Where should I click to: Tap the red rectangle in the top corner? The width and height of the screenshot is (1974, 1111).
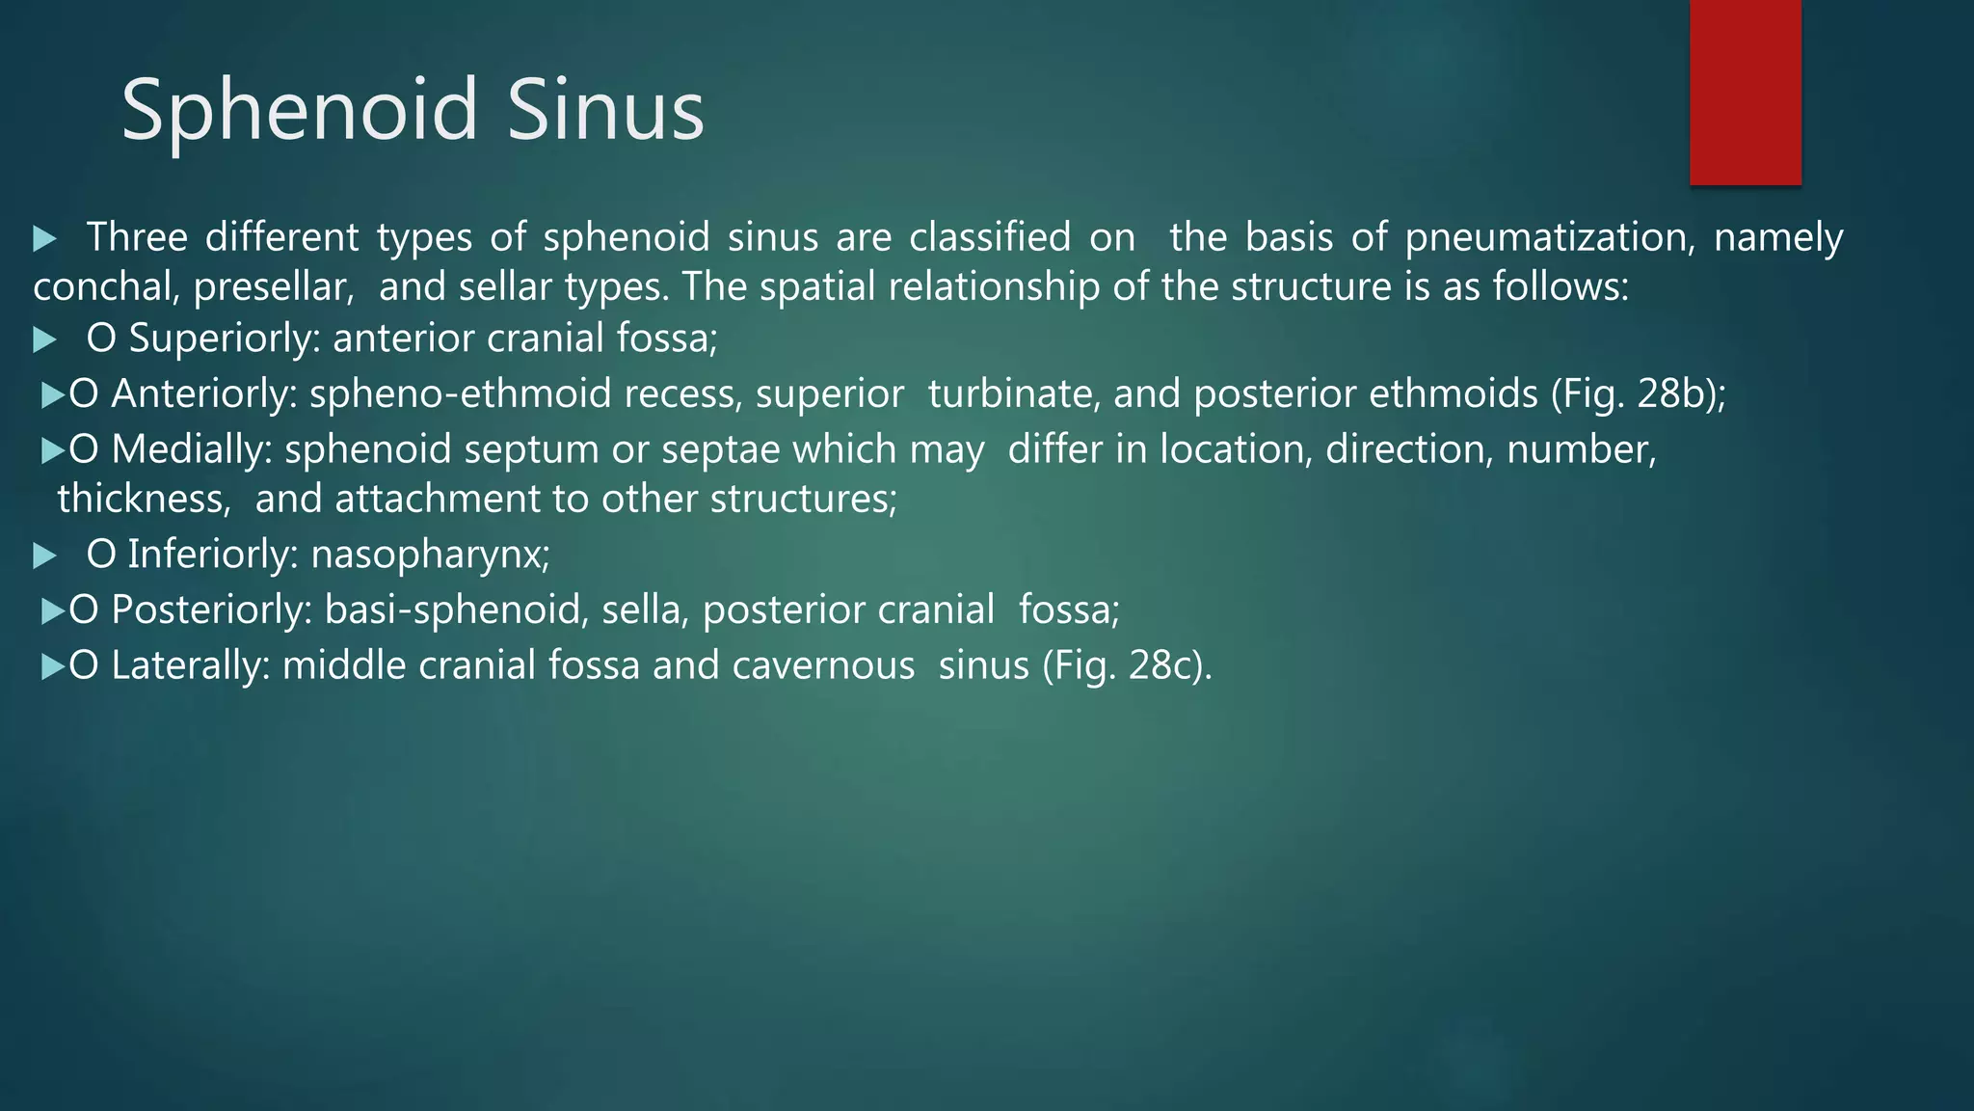(x=1745, y=92)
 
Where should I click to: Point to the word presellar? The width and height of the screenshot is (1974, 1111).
(x=273, y=287)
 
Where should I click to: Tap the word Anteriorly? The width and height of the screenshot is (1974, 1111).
(x=203, y=394)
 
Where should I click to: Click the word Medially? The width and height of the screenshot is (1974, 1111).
(x=191, y=450)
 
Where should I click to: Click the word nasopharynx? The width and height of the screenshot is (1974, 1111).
(x=429, y=555)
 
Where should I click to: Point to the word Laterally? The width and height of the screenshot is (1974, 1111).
(x=190, y=666)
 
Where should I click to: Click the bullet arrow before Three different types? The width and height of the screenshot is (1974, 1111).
(x=44, y=238)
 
